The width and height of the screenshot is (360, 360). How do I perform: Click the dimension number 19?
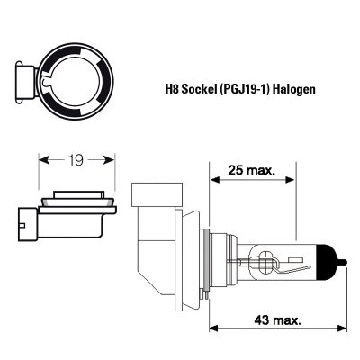pos(76,160)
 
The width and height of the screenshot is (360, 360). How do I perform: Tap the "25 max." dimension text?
pos(251,170)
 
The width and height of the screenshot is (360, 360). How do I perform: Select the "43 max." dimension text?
pos(277,320)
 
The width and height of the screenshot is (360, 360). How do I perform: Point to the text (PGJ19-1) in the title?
pos(244,89)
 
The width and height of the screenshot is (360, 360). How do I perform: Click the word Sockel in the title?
pos(197,89)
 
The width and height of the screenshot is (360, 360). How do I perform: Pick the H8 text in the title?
pos(171,89)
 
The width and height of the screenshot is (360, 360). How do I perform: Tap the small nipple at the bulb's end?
pos(344,263)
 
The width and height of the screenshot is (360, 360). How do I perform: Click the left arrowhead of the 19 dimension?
pos(44,160)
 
